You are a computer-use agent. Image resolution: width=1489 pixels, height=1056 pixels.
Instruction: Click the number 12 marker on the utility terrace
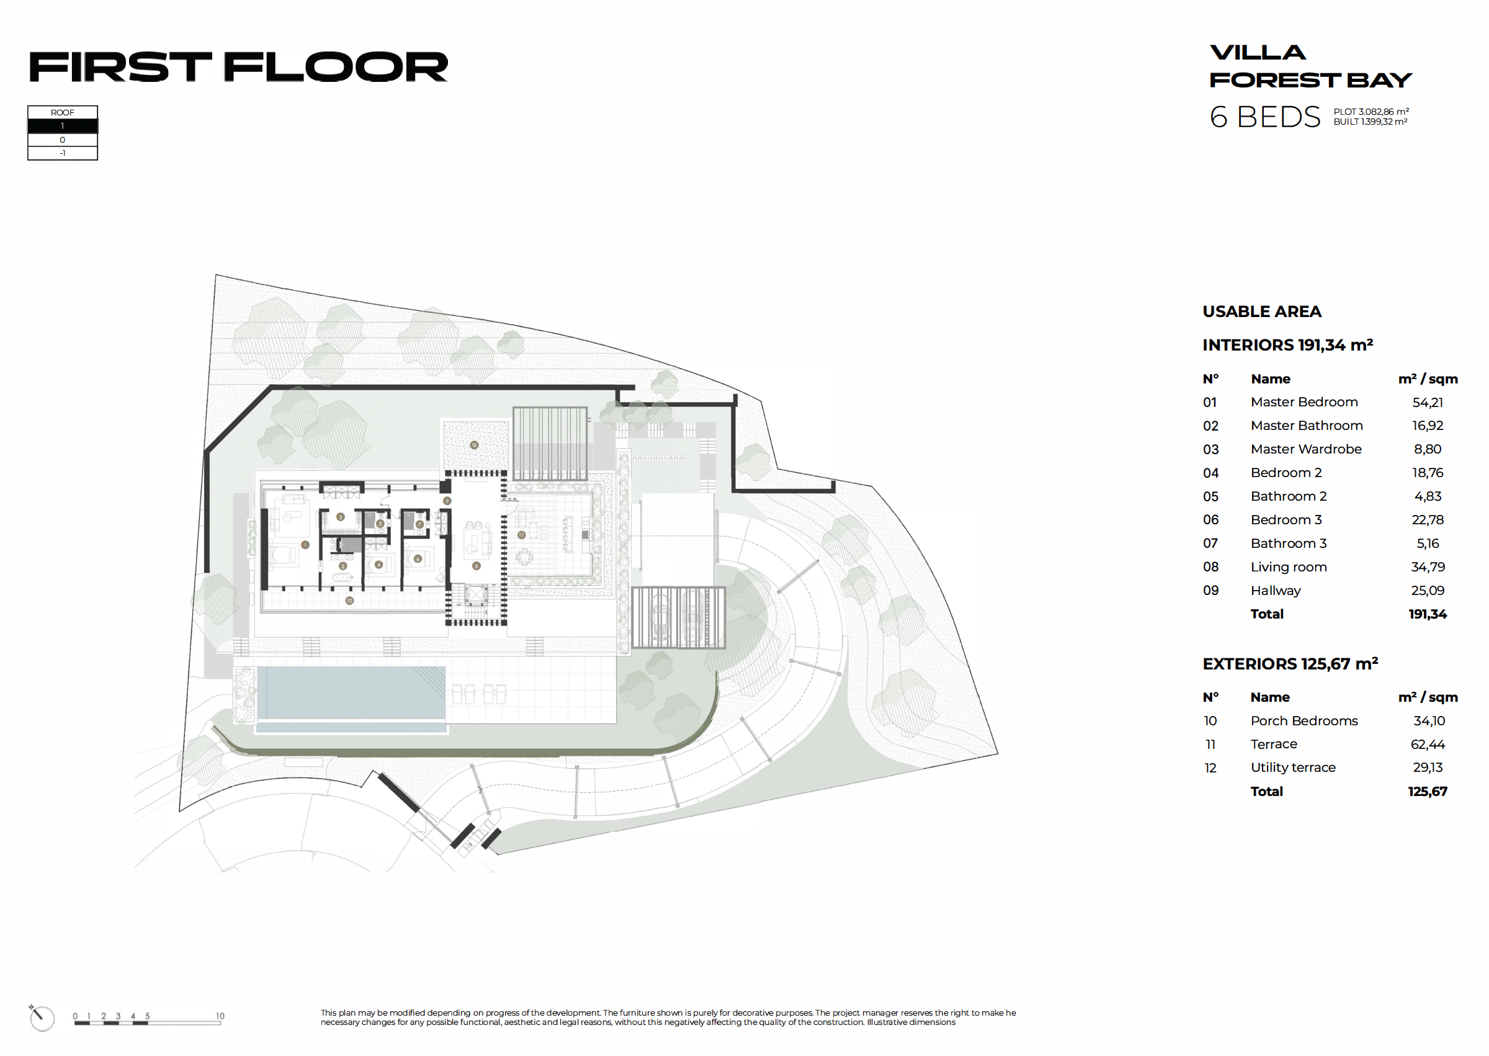point(474,445)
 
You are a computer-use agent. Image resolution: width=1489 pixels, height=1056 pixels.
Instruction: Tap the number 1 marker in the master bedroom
point(305,545)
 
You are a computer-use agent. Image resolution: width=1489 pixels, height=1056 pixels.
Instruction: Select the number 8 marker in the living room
point(476,566)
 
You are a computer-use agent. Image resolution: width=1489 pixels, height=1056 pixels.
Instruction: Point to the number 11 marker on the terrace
point(521,535)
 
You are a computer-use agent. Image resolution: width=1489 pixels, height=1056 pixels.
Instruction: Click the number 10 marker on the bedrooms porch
point(349,601)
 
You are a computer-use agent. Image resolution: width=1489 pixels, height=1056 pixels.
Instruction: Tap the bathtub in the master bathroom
point(342,578)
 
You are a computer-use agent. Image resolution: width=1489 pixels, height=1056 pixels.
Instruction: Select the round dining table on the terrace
point(524,557)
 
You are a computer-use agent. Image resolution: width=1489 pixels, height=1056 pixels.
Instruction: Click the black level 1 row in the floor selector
point(63,126)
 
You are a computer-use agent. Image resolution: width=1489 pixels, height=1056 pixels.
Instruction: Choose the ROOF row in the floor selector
point(63,112)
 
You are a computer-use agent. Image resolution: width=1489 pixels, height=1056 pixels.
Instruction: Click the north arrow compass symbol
point(41,1017)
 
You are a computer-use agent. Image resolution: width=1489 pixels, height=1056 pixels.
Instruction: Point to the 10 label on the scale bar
point(220,1016)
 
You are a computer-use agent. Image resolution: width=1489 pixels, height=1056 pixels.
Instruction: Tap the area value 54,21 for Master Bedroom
point(1427,403)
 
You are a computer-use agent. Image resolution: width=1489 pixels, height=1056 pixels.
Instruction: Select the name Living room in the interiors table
point(1288,567)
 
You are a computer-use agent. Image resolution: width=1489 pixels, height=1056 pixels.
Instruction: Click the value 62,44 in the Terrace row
point(1427,744)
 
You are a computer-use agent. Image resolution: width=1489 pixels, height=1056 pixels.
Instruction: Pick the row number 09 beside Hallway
point(1210,591)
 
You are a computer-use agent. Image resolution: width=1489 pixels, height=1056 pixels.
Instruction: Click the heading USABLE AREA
point(1261,311)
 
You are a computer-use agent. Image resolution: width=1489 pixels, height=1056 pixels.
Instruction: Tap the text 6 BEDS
point(1264,117)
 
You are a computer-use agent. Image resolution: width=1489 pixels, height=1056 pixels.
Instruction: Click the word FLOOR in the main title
point(336,67)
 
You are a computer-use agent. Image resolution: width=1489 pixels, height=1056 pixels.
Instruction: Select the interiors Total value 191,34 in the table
point(1427,614)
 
